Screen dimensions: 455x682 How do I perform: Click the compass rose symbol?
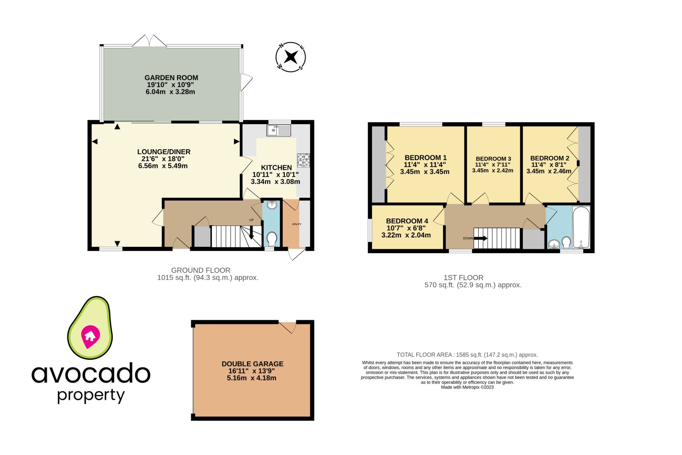(x=291, y=57)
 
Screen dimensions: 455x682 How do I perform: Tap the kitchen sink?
(x=279, y=130)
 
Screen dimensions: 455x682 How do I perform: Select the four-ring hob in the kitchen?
(x=303, y=160)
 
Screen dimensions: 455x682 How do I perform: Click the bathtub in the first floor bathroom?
(x=581, y=227)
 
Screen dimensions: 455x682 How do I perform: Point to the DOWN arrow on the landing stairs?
(x=480, y=238)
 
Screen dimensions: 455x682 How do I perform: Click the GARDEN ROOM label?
(x=171, y=78)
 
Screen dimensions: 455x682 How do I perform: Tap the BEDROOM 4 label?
(x=407, y=221)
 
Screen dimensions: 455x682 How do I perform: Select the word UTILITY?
(x=296, y=224)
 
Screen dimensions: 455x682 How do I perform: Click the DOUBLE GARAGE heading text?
(x=252, y=364)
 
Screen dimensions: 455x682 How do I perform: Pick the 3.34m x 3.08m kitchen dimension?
(x=275, y=182)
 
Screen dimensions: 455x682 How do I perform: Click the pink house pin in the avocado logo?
(x=90, y=336)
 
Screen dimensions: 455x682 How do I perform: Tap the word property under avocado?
(x=91, y=396)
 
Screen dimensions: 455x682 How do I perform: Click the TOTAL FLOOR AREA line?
(x=467, y=355)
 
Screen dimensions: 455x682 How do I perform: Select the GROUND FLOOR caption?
(x=200, y=270)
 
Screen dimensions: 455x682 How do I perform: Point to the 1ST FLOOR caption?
(x=463, y=277)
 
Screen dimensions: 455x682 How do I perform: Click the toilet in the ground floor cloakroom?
(x=272, y=238)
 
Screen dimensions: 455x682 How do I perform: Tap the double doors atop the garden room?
(x=150, y=41)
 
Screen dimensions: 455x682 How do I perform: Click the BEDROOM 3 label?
(x=493, y=159)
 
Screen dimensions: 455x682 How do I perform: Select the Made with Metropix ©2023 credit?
(x=467, y=387)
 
